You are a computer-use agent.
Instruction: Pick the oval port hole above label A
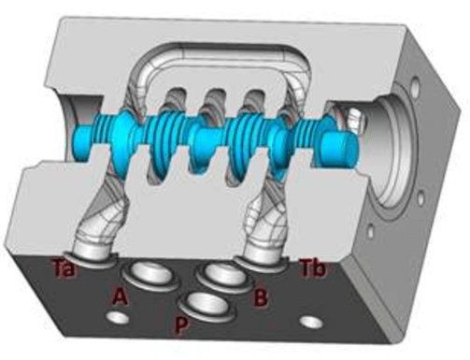(x=152, y=274)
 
